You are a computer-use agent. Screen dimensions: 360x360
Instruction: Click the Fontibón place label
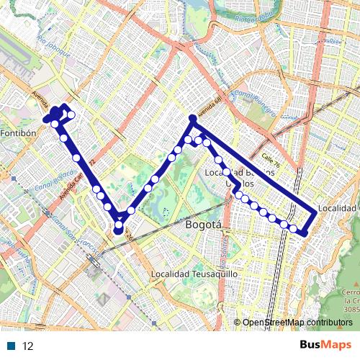coord(19,133)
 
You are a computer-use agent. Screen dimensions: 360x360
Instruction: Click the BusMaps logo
coord(326,345)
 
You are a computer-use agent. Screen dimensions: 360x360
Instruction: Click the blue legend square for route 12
coord(12,346)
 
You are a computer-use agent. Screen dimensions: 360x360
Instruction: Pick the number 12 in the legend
coord(28,346)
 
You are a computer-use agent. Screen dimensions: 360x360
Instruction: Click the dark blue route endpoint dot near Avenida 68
coord(192,117)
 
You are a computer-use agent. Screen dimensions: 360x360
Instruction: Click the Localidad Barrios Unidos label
coord(240,178)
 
